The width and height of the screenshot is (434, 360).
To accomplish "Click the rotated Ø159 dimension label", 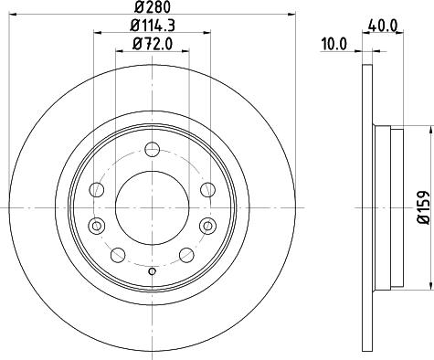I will coord(423,206).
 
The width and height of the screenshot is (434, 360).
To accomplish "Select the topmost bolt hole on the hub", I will coord(153,147).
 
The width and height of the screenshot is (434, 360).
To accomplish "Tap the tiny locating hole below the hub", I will coord(153,271).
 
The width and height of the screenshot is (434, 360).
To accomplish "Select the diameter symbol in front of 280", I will coord(136,8).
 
